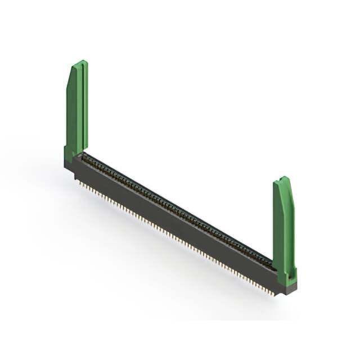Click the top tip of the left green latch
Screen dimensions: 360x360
click(x=82, y=62)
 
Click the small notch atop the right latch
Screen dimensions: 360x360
click(x=285, y=178)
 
